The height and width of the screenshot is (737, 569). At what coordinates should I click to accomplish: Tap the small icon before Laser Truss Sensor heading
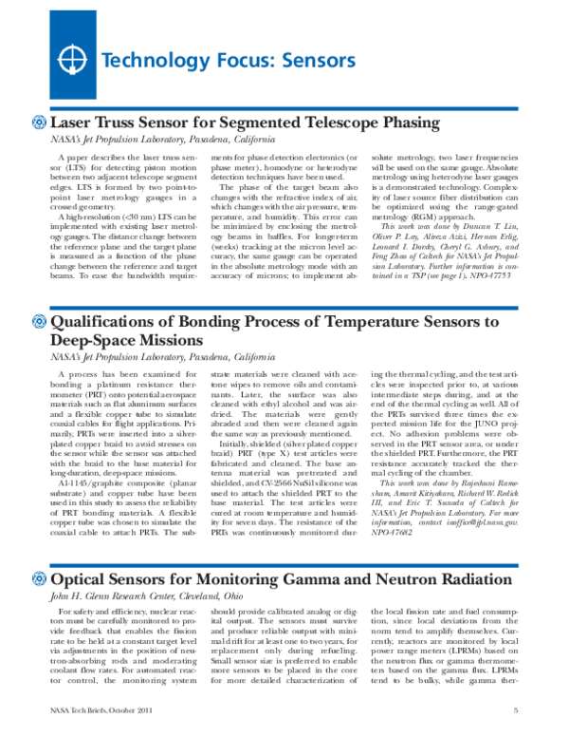[39, 123]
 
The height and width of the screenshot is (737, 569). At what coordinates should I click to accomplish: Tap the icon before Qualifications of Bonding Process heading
[39, 322]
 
